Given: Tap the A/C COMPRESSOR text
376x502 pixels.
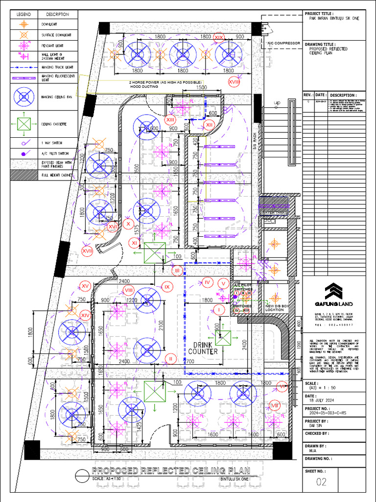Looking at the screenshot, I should click(x=283, y=43).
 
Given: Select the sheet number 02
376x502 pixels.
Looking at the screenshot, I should click(x=321, y=482).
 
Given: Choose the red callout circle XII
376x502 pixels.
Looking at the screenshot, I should click(x=210, y=125).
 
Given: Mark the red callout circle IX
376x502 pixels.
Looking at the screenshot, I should click(x=167, y=286).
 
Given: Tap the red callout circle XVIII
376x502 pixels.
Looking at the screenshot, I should click(x=235, y=82).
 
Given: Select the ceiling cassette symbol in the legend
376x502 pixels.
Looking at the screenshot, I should click(x=24, y=124).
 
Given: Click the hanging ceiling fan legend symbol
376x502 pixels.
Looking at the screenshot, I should click(x=24, y=97).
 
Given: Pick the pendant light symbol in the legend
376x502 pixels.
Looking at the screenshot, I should click(x=24, y=46).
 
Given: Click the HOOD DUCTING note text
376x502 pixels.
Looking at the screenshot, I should click(x=145, y=86).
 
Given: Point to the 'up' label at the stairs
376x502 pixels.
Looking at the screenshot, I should click(x=277, y=103).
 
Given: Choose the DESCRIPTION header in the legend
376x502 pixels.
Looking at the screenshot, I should click(x=58, y=14).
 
